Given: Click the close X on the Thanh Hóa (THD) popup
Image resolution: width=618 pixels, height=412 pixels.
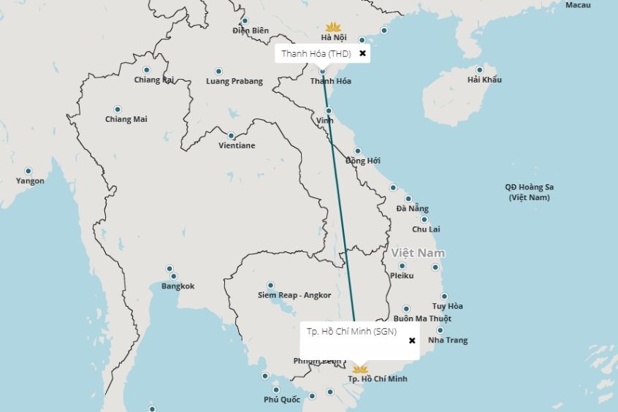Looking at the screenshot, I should click(362, 53).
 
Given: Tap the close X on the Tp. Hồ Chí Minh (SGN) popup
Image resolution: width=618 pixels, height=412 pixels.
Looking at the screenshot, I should click(412, 340).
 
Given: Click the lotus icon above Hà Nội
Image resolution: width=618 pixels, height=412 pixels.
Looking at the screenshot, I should click(333, 26).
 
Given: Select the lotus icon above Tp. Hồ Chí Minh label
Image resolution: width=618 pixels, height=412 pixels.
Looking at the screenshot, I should click(359, 368).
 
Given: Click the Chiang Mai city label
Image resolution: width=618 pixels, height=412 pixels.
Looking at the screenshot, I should click(126, 119).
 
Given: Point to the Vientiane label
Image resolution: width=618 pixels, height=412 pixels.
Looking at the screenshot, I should click(237, 145).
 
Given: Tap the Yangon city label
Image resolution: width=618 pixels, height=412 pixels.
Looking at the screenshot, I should click(30, 181).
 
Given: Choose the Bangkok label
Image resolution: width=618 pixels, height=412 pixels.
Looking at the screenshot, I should click(178, 286).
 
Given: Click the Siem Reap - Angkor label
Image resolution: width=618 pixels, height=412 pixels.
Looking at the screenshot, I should click(294, 295).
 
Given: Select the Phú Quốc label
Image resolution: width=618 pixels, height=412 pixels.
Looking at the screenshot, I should click(282, 400).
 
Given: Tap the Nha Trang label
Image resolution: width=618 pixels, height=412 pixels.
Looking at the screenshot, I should click(448, 340).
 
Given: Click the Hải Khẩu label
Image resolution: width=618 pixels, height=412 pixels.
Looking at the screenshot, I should click(484, 80).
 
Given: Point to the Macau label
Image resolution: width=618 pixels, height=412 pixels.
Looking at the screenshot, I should click(578, 5).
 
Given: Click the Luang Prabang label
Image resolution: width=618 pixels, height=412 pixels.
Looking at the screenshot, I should click(234, 81).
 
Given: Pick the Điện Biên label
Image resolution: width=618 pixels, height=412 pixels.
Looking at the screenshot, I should click(251, 31).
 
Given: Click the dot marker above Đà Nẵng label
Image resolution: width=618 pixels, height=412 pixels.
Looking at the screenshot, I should click(408, 199).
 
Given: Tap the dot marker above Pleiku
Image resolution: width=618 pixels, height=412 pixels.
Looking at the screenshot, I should click(402, 266).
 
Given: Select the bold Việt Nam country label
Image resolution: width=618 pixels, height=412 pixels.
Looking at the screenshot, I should click(418, 253).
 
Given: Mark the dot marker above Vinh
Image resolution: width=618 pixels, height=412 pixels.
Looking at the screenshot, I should click(329, 111).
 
